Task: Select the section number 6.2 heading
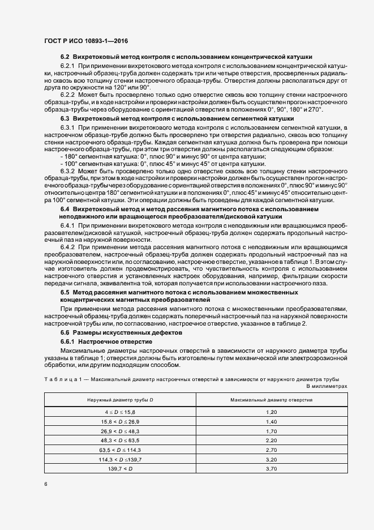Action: (x=65, y=57)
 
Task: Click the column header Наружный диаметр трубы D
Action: (x=119, y=400)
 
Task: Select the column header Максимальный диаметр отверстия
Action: (x=271, y=400)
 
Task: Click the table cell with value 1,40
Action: (x=271, y=422)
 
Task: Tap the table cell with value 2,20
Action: (x=271, y=439)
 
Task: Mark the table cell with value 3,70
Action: (x=271, y=469)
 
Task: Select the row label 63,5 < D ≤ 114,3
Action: (x=119, y=449)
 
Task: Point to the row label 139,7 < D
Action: (x=119, y=469)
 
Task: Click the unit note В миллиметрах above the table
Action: (x=326, y=386)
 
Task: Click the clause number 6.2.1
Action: (x=68, y=67)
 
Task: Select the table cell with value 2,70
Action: (x=271, y=449)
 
